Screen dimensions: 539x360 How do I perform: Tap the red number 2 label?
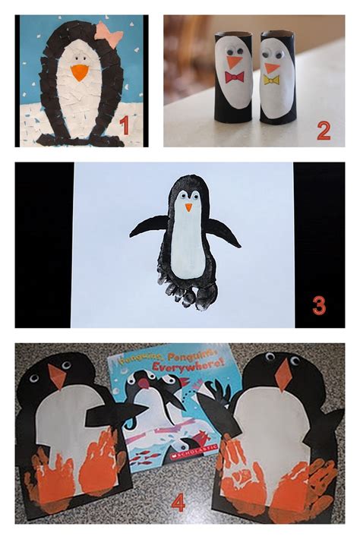coord(324,131)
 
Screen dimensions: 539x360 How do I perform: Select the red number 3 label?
coord(319,306)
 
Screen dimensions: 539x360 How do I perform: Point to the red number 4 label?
coord(178,503)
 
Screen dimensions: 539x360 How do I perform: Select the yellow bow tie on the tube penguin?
coord(271,79)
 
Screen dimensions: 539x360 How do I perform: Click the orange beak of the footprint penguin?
coord(188,206)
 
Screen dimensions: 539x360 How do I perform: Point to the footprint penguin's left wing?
coord(148,225)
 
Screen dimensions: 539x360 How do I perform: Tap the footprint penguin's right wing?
coord(224,232)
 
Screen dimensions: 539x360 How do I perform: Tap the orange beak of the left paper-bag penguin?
coord(56,377)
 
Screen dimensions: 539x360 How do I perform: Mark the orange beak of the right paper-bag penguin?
coord(283,374)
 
